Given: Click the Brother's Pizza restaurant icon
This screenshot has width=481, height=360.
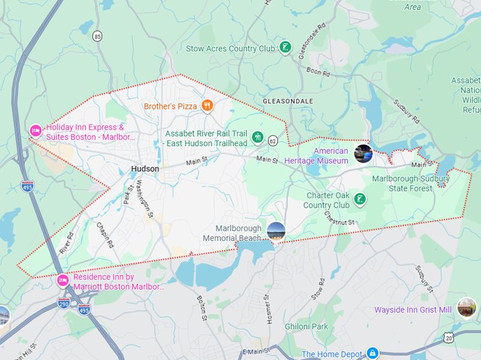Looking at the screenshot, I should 208,106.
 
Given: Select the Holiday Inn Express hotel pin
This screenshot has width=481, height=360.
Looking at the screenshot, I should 35,130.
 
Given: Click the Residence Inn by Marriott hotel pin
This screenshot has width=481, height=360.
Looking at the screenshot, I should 62,280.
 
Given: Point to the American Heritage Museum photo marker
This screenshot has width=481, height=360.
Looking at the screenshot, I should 363,154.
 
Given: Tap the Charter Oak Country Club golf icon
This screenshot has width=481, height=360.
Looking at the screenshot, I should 360,199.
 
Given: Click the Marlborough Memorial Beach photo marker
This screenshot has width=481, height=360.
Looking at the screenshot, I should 276,231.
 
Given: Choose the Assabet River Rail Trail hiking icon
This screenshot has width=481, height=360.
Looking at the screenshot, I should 257,137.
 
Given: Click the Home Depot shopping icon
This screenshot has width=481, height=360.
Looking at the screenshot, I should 372,353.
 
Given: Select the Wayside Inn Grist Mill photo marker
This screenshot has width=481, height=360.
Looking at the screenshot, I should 466,308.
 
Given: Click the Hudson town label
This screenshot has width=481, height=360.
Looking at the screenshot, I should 145,169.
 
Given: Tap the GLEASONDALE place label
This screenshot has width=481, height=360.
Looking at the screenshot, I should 288,101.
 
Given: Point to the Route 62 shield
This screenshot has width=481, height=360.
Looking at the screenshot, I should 273,140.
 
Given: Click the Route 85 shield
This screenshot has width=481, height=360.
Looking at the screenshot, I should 98,37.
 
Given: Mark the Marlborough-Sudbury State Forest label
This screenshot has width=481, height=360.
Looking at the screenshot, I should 411,184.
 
